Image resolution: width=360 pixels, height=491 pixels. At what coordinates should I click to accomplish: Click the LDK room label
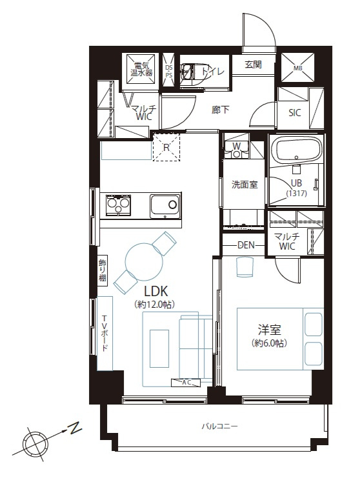[155, 291]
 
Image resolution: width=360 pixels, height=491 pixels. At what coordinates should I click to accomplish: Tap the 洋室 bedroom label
[269, 330]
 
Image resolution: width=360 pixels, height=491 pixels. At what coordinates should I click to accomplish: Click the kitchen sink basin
[165, 205]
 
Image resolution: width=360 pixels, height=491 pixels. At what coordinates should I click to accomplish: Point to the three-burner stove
[118, 205]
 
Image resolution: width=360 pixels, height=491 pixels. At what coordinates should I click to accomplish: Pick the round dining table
[144, 261]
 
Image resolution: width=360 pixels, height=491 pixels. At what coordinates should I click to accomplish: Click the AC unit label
[186, 383]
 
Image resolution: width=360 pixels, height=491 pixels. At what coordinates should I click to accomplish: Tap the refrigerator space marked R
[166, 147]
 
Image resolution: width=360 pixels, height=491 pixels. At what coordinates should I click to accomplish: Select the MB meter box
[297, 68]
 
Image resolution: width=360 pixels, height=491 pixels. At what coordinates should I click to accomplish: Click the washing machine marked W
[237, 149]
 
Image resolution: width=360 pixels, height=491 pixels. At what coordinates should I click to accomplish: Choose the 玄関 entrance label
[254, 65]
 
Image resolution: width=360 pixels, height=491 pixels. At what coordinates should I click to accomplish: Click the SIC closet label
[295, 113]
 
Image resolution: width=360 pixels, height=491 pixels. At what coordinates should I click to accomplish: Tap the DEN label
[246, 245]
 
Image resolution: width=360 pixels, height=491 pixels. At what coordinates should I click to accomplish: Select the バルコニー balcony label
[219, 426]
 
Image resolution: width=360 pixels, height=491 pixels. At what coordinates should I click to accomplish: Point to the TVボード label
[105, 333]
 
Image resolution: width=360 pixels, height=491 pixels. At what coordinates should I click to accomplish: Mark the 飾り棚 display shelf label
[103, 270]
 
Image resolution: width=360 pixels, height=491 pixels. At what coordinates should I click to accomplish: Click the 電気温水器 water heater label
[141, 70]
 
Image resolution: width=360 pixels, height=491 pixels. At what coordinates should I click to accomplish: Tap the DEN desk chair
[244, 267]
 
